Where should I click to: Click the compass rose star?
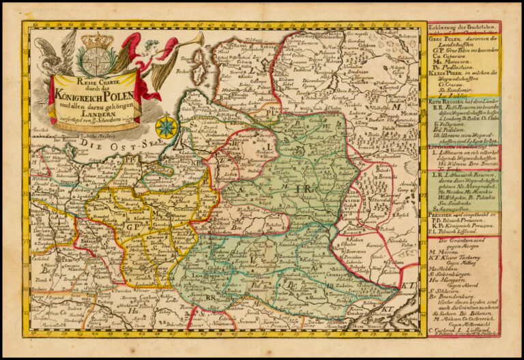(x=164, y=127)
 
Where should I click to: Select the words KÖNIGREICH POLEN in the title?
(x=95, y=94)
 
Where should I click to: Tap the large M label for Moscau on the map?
(x=394, y=106)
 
